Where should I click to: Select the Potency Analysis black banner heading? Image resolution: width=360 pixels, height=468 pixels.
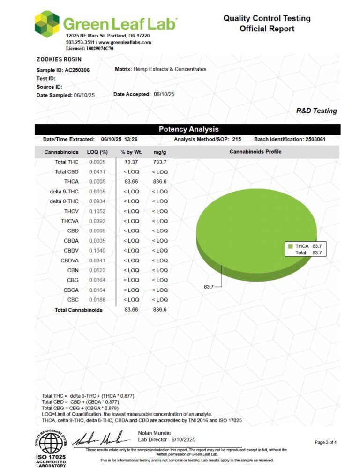pyautogui.click(x=188, y=129)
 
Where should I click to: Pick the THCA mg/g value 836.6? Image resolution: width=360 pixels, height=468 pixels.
pyautogui.click(x=159, y=181)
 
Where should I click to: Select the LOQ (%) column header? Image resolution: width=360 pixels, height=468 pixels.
pyautogui.click(x=97, y=152)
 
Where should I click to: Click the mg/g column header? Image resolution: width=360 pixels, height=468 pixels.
pyautogui.click(x=159, y=152)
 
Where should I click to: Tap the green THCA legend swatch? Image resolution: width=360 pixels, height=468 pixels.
pyautogui.click(x=291, y=246)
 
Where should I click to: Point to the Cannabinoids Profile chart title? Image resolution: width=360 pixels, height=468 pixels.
pyautogui.click(x=255, y=152)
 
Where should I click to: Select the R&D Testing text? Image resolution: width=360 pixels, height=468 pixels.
pyautogui.click(x=316, y=111)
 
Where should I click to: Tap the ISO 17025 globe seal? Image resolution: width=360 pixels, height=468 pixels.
pyautogui.click(x=52, y=443)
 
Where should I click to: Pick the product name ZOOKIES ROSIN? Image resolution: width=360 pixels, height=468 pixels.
pyautogui.click(x=59, y=59)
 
